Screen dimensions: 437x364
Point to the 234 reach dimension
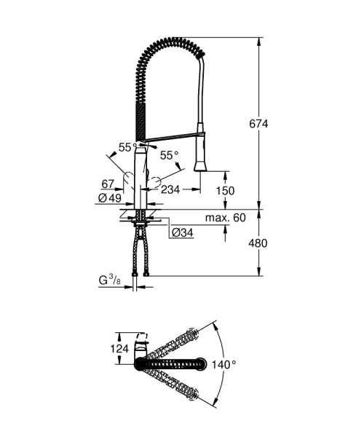pyautogui.click(x=169, y=190)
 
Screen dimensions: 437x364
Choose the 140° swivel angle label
pyautogui.click(x=223, y=363)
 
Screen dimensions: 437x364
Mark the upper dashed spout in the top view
pyautogui.click(x=171, y=344)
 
